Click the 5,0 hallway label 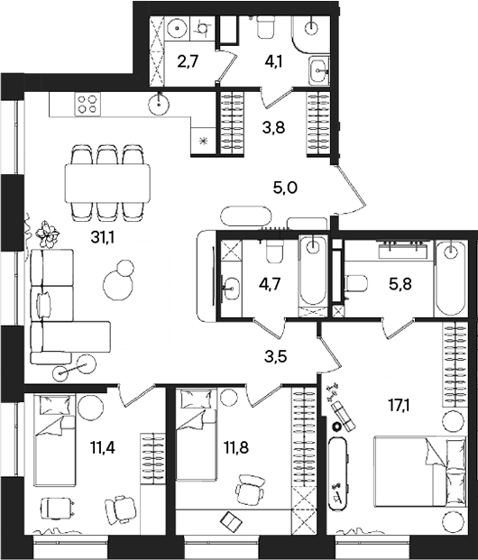(x=284, y=188)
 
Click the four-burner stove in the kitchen (x=87, y=104)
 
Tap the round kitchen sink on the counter (x=162, y=103)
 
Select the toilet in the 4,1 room (x=266, y=28)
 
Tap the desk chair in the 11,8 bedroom (x=247, y=491)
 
